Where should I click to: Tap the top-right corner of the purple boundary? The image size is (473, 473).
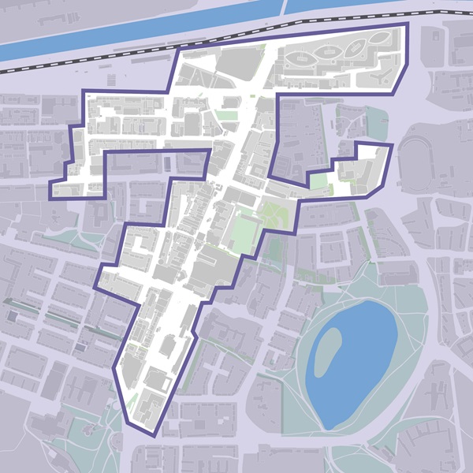pos(408,24)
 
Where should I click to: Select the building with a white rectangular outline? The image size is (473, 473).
pos(157,381)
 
